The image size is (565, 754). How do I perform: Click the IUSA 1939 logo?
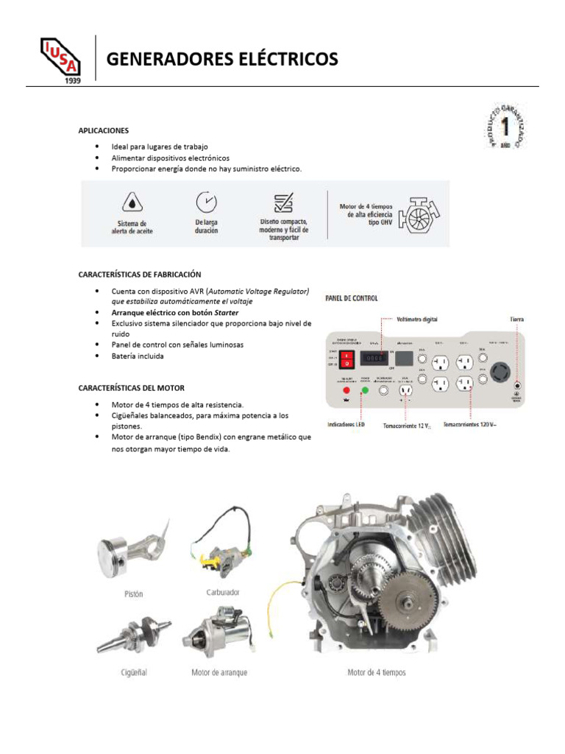click(x=60, y=60)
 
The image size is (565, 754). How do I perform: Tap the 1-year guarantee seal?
click(x=505, y=126)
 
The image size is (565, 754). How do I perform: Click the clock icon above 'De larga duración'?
click(x=206, y=201)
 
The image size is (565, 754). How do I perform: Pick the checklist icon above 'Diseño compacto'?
click(x=283, y=202)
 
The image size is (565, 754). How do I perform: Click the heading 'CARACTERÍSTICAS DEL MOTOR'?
click(x=132, y=388)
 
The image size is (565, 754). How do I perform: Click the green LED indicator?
click(x=365, y=390)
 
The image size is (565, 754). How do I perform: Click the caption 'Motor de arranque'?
click(x=219, y=672)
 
